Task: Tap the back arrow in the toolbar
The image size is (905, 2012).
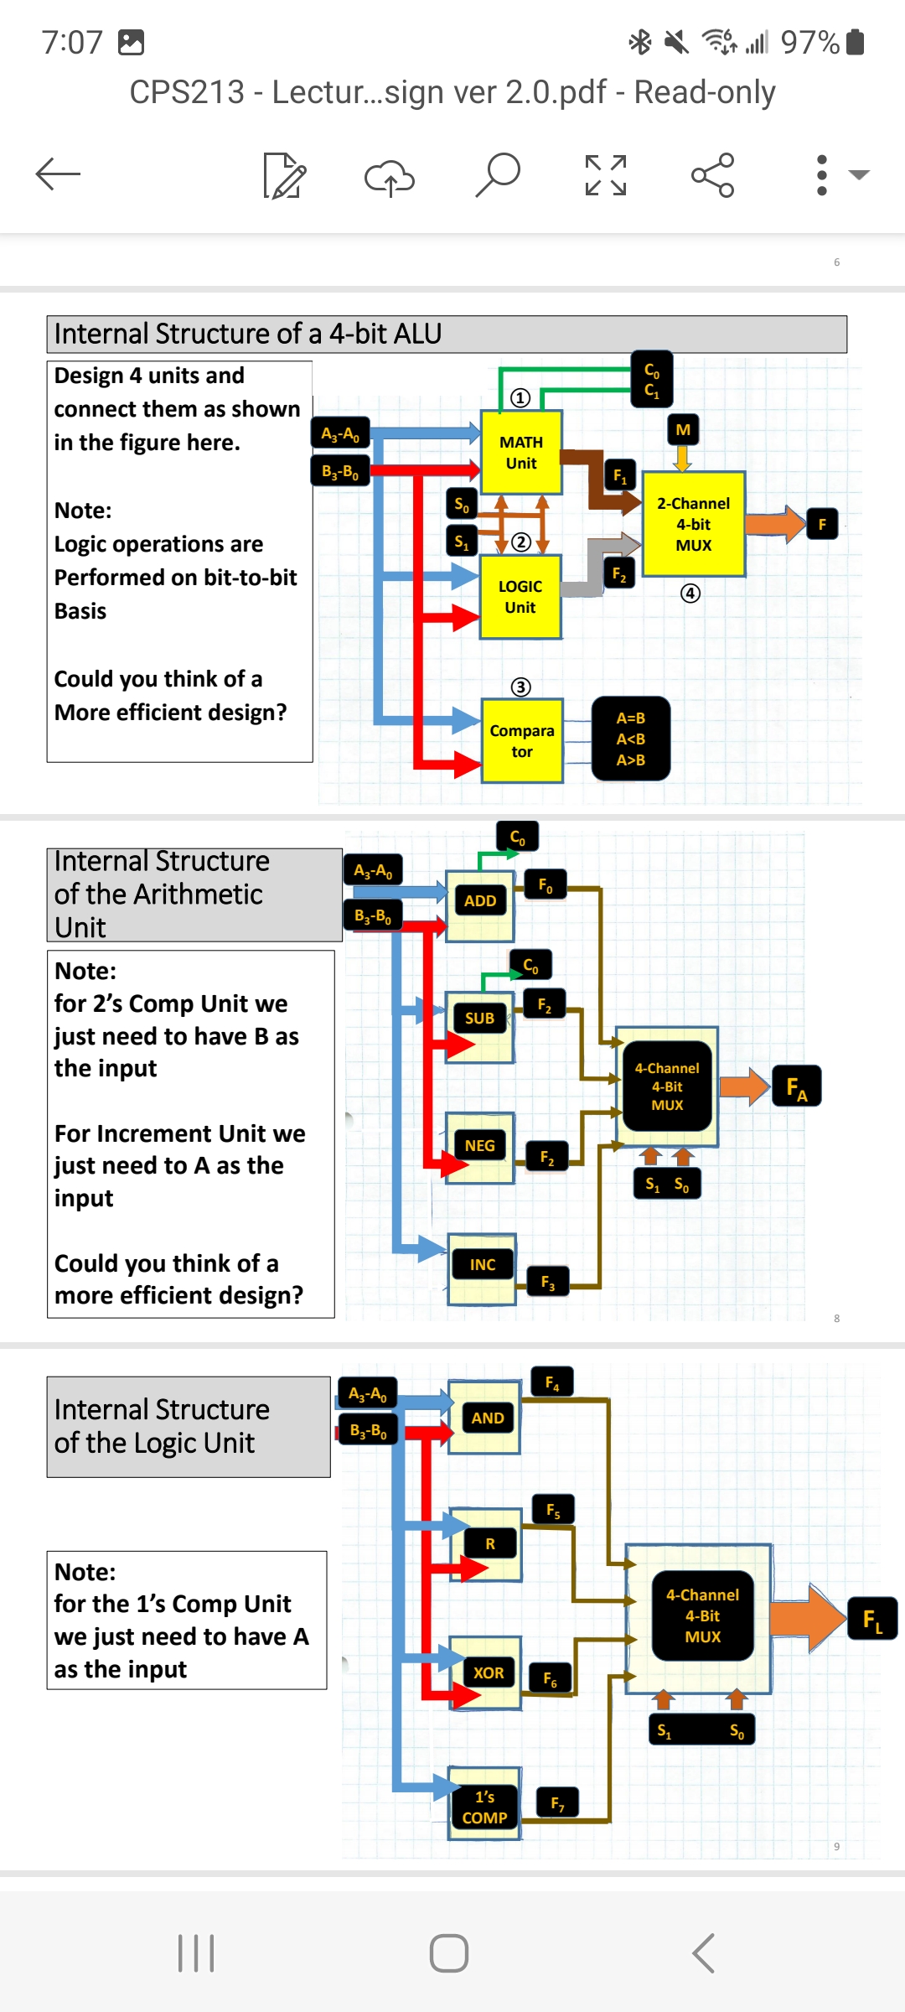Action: pyautogui.click(x=58, y=174)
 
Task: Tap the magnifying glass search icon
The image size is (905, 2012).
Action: pyautogui.click(x=498, y=174)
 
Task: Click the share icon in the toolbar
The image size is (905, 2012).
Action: pyautogui.click(x=712, y=174)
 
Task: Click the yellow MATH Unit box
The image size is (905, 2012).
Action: pyautogui.click(x=521, y=452)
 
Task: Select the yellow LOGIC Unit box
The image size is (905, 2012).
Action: pyautogui.click(x=520, y=597)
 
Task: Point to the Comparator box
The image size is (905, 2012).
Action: pyautogui.click(x=522, y=741)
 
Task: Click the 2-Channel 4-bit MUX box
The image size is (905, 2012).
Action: pyautogui.click(x=694, y=524)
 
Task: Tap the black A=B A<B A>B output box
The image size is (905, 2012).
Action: pyautogui.click(x=631, y=739)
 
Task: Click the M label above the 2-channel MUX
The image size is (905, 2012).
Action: pyautogui.click(x=683, y=430)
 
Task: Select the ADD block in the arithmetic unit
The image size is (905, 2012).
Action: pyautogui.click(x=480, y=901)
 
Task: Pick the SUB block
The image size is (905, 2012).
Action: pyautogui.click(x=479, y=1019)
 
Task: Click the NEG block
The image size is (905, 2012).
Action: pyautogui.click(x=479, y=1146)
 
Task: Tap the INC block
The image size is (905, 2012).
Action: pyautogui.click(x=482, y=1265)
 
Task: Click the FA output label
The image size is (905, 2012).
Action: pyautogui.click(x=796, y=1087)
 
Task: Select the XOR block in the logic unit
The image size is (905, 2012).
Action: pyautogui.click(x=489, y=1673)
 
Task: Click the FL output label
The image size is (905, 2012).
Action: pyautogui.click(x=872, y=1619)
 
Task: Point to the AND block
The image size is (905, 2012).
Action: pyautogui.click(x=487, y=1418)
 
